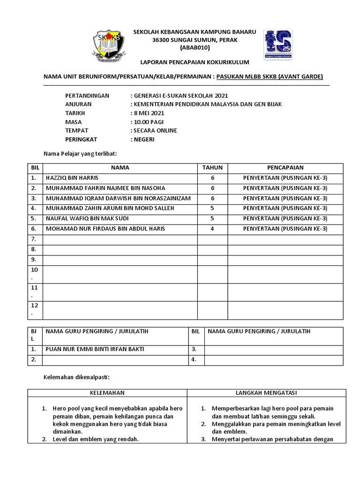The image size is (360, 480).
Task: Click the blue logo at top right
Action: [278, 45]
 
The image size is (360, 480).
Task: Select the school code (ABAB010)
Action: [195, 48]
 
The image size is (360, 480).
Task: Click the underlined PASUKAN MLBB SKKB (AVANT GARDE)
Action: [270, 77]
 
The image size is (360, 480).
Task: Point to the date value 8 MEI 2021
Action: [149, 113]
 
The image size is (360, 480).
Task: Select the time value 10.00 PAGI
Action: [149, 122]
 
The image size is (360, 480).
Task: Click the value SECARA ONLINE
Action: [155, 130]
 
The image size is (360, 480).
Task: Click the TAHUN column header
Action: [212, 168]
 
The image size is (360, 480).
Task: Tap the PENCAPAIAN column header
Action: [285, 168]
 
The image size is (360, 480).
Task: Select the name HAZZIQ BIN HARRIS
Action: [72, 178]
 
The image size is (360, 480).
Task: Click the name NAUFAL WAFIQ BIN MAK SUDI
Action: [87, 218]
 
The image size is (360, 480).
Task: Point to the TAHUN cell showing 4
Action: [212, 229]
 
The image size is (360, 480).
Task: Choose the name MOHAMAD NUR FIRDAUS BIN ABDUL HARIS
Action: [105, 229]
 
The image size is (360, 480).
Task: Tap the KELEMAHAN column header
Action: [107, 393]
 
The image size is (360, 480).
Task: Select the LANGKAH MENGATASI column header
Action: [266, 393]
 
